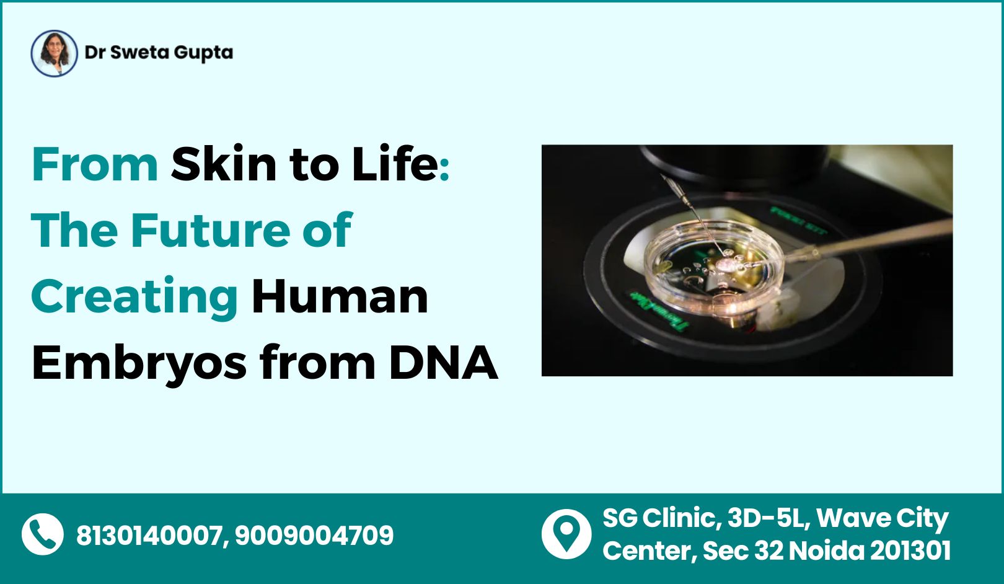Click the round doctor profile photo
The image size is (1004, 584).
tap(55, 53)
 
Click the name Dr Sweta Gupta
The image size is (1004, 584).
tap(159, 53)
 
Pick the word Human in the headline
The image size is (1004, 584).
tap(340, 296)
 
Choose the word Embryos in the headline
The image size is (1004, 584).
tap(139, 365)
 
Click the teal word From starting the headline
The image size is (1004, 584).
tap(95, 164)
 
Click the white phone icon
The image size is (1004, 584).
tap(43, 534)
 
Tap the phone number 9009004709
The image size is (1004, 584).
tap(314, 535)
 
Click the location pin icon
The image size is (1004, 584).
tap(566, 534)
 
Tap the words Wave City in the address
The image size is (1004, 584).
tap(883, 519)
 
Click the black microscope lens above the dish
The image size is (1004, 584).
tap(735, 164)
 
